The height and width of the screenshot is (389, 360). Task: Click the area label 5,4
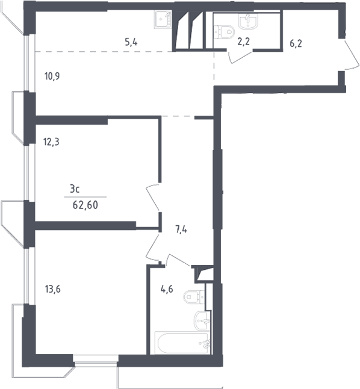pyautogui.click(x=131, y=42)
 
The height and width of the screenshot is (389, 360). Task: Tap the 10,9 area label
pyautogui.click(x=52, y=76)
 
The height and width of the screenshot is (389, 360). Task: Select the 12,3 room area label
pyautogui.click(x=51, y=142)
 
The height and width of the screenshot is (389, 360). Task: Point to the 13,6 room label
pyautogui.click(x=52, y=289)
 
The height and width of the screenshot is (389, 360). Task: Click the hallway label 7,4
pyautogui.click(x=181, y=230)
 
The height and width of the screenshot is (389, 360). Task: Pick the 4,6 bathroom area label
pyautogui.click(x=167, y=289)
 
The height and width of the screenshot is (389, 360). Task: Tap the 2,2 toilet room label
pyautogui.click(x=243, y=42)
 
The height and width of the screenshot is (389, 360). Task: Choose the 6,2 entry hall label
pyautogui.click(x=296, y=44)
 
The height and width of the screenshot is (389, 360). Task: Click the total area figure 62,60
pyautogui.click(x=85, y=205)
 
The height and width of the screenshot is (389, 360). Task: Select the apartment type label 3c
pyautogui.click(x=75, y=189)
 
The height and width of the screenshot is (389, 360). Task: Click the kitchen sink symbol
pyautogui.click(x=163, y=19)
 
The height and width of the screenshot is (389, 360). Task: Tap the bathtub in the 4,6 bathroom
pyautogui.click(x=182, y=343)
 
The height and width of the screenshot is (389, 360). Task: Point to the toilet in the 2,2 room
pyautogui.click(x=224, y=32)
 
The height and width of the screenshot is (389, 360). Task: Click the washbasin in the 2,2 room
pyautogui.click(x=248, y=20)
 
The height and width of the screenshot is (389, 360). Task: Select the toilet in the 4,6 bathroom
pyautogui.click(x=194, y=297)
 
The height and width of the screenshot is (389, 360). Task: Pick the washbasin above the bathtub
pyautogui.click(x=202, y=321)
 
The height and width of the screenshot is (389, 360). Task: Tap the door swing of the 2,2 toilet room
pyautogui.click(x=240, y=58)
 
